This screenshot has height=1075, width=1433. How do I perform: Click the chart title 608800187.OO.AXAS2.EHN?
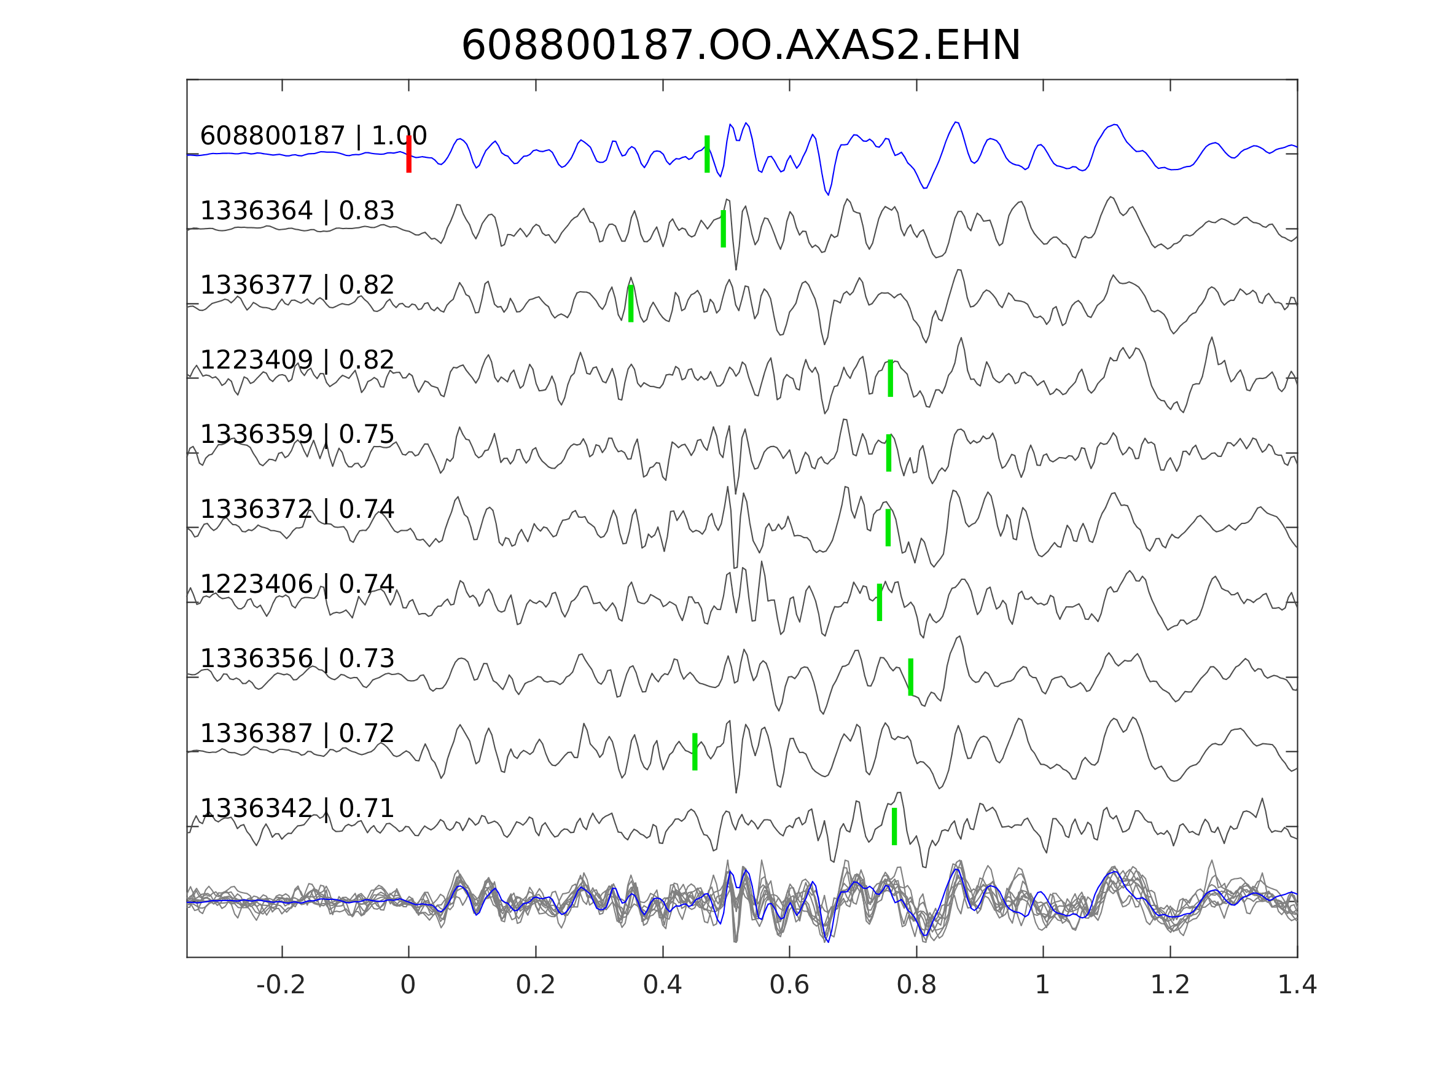(x=741, y=46)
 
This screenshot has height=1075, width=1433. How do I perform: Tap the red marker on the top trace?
(x=409, y=154)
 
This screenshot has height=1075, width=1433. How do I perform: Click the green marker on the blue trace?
(x=707, y=154)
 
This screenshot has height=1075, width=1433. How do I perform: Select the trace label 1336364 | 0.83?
(x=297, y=211)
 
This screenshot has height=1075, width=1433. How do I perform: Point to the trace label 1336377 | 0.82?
(x=297, y=285)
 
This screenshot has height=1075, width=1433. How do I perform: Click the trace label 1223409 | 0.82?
(x=297, y=359)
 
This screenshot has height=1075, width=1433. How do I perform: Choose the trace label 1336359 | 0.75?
(x=297, y=434)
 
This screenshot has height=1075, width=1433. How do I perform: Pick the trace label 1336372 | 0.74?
(x=297, y=509)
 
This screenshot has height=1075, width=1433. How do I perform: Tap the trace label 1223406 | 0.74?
(x=297, y=584)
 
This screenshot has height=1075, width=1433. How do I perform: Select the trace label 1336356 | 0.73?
(x=297, y=659)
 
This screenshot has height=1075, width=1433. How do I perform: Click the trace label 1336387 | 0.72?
(x=297, y=733)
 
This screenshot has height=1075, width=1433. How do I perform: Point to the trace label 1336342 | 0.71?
(x=297, y=808)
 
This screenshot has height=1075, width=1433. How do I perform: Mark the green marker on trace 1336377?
(x=630, y=303)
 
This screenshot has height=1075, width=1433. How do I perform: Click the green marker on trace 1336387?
(x=695, y=752)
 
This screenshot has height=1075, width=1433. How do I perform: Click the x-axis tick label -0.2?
(x=281, y=985)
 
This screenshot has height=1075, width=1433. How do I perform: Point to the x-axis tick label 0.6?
(x=789, y=985)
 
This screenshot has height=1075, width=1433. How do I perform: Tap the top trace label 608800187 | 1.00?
(x=313, y=136)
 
